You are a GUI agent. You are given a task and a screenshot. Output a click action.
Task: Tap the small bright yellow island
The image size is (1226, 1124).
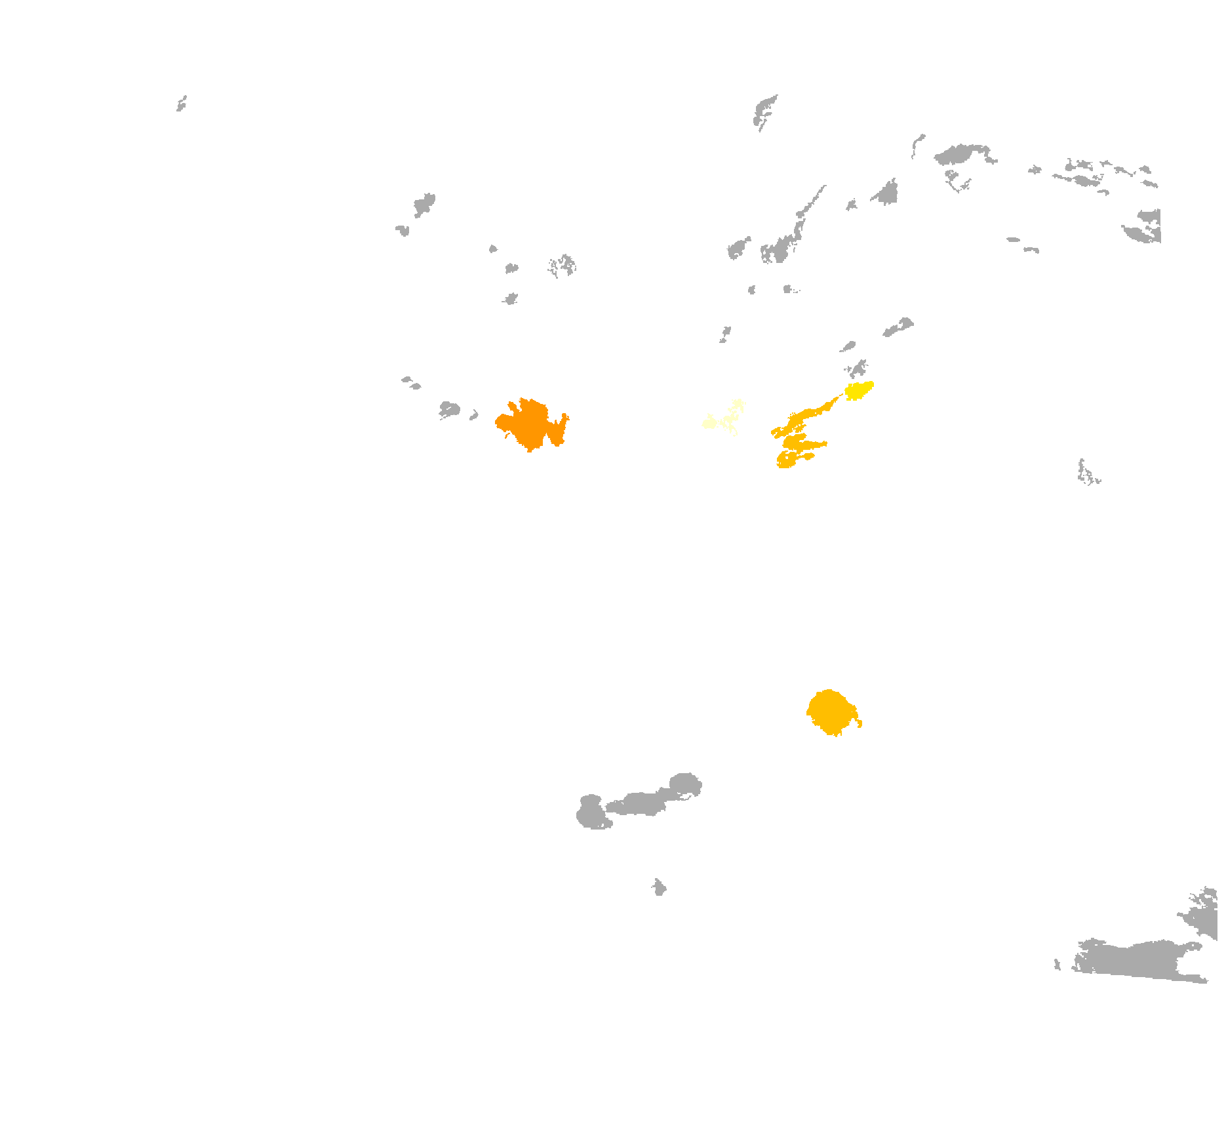click(858, 390)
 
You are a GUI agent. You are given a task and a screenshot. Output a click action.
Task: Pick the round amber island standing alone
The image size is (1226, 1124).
click(831, 712)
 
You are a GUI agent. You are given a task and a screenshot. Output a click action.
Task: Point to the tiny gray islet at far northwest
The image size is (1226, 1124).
click(182, 104)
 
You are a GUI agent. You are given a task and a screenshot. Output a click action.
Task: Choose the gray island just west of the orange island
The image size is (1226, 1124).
click(449, 410)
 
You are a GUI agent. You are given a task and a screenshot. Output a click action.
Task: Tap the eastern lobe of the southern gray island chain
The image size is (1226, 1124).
click(685, 784)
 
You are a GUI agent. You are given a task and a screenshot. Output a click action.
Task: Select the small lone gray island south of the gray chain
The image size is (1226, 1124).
click(659, 888)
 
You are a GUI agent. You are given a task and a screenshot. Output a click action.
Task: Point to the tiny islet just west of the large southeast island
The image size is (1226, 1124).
click(1057, 964)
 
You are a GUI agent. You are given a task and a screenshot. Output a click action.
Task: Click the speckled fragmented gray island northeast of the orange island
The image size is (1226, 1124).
click(563, 266)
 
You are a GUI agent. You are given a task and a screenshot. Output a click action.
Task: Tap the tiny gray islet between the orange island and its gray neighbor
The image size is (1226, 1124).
click(473, 415)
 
